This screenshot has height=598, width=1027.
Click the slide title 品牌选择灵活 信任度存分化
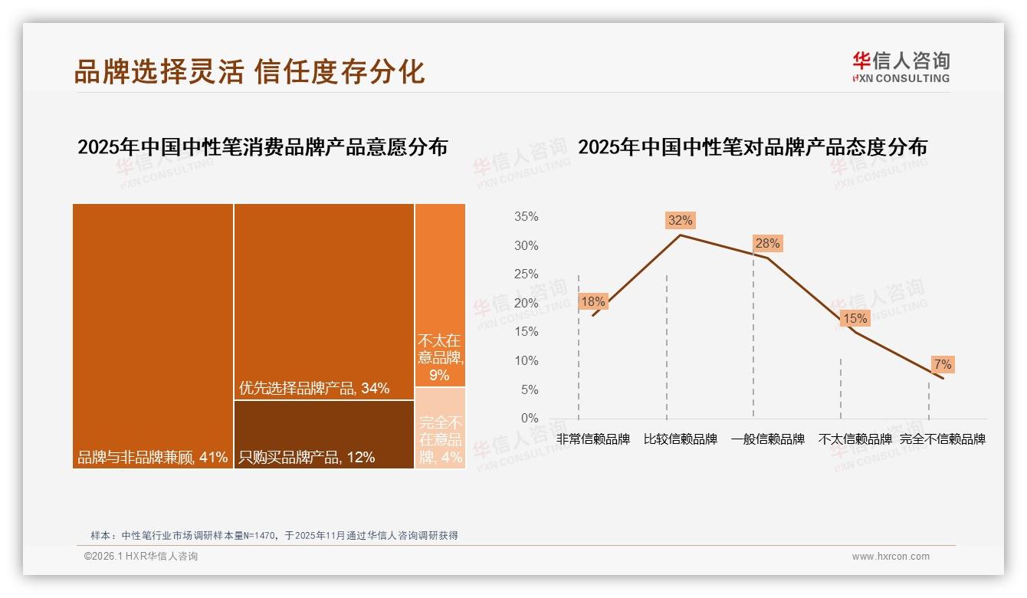(249, 71)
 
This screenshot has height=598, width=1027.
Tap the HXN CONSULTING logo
(901, 67)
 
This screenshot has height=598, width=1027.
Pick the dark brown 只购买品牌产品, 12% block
(323, 434)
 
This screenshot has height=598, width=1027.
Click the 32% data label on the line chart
(680, 221)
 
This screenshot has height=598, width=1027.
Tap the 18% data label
(592, 302)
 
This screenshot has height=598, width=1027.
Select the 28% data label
(767, 244)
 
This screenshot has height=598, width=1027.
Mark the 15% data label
(855, 318)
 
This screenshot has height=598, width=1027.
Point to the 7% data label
(942, 364)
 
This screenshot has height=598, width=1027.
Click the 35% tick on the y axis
(526, 217)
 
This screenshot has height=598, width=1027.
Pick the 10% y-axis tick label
(526, 361)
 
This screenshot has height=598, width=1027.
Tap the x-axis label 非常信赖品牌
(593, 439)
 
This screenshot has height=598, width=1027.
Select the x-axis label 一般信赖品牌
(767, 439)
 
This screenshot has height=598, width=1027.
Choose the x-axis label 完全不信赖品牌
(942, 439)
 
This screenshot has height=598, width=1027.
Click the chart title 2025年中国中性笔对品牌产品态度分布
(752, 147)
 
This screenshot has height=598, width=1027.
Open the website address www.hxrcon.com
(891, 557)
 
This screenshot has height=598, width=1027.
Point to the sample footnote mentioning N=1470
(274, 535)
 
